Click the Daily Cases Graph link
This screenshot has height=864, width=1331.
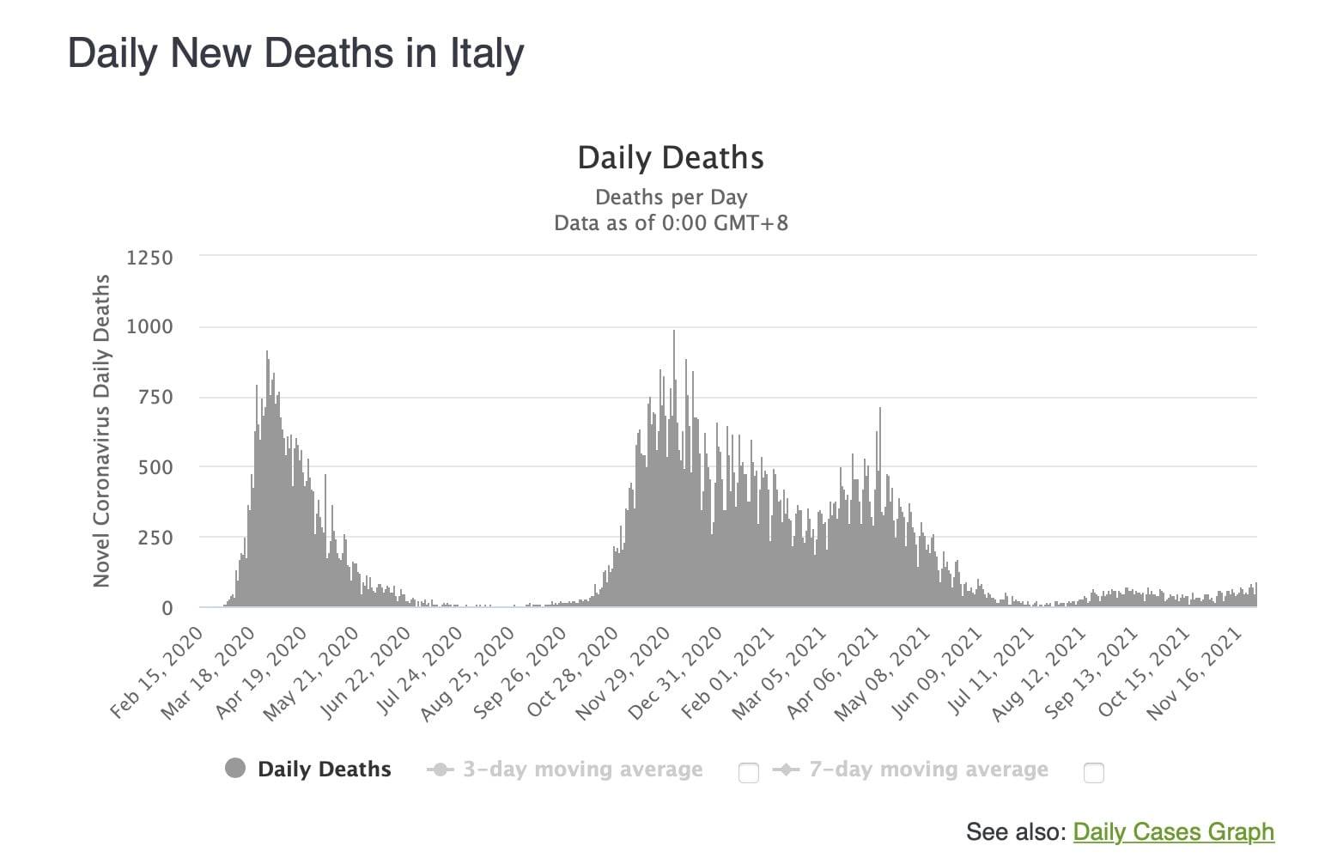pos(1173,831)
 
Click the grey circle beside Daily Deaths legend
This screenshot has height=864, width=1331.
pos(235,769)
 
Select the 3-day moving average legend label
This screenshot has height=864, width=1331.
pos(582,770)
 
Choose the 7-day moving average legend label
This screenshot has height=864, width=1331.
pos(928,770)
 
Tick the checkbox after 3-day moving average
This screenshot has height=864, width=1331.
pos(749,773)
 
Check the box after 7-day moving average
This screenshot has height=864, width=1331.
pos(1093,773)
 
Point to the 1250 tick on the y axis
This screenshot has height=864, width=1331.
pos(149,258)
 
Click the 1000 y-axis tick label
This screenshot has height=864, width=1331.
pos(149,327)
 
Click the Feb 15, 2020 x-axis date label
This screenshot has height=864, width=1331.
pos(158,672)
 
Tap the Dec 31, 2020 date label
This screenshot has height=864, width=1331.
pos(676,672)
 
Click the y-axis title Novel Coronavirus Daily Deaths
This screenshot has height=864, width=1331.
pos(102,431)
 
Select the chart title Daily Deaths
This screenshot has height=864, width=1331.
pos(671,158)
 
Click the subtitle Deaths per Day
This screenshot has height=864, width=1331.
pos(671,198)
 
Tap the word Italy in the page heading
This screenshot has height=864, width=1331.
pos(487,53)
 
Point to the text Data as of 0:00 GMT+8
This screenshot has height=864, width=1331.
pos(671,223)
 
